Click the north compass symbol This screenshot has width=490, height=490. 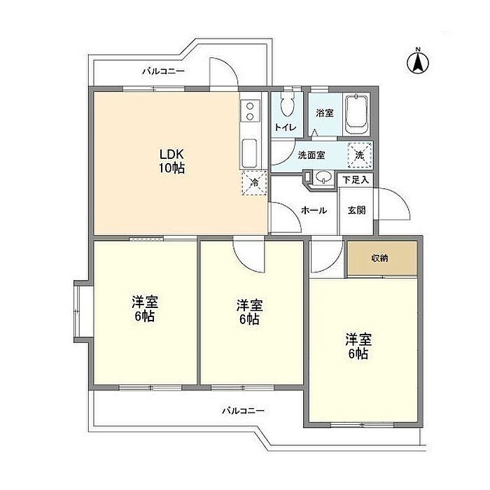click(418, 62)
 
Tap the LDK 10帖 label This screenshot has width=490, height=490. click(171, 161)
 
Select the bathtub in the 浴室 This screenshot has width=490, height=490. click(356, 114)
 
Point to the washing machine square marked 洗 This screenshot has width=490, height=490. click(360, 154)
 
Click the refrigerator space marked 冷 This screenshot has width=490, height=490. click(254, 183)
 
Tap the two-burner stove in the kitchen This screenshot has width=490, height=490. click(250, 111)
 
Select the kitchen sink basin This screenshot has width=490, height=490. click(249, 153)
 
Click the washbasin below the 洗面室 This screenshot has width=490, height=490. click(323, 177)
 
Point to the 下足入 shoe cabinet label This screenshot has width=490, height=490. click(356, 180)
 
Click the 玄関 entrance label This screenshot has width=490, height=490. click(356, 210)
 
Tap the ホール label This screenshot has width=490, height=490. click(314, 210)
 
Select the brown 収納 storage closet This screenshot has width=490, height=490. click(382, 258)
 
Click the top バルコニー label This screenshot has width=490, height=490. click(163, 71)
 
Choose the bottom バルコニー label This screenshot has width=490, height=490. click(243, 410)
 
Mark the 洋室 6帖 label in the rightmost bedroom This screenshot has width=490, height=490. click(358, 346)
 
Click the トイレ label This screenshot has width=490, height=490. click(286, 127)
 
